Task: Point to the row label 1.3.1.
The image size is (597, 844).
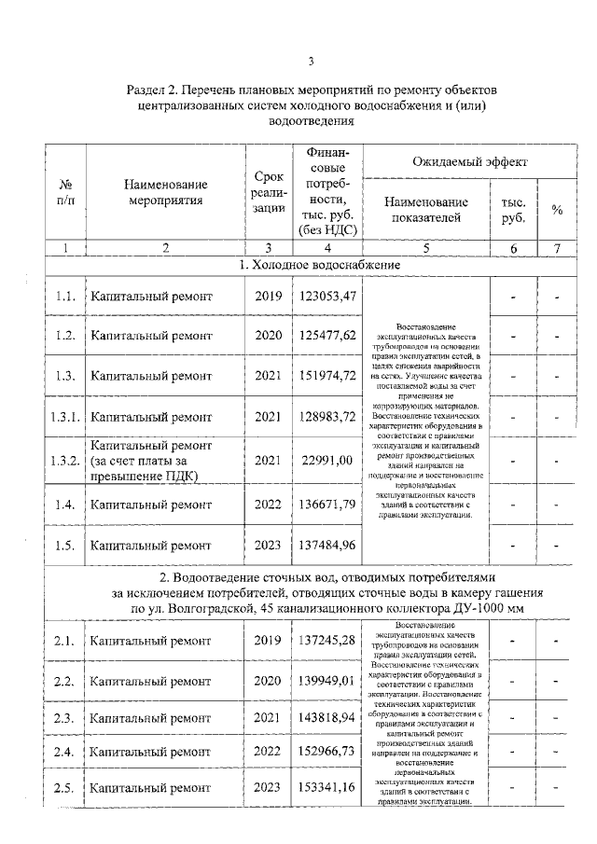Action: pos(63,417)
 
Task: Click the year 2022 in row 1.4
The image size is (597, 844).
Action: pos(267,505)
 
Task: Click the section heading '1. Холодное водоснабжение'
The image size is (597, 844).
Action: pos(312,266)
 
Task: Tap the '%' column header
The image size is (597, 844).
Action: pos(556,211)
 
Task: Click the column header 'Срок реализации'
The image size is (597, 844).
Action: pos(267,194)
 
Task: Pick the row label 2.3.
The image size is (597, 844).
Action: pos(63,717)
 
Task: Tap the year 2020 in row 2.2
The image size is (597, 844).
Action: pos(267,681)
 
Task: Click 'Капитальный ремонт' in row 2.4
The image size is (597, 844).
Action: pos(150,751)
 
